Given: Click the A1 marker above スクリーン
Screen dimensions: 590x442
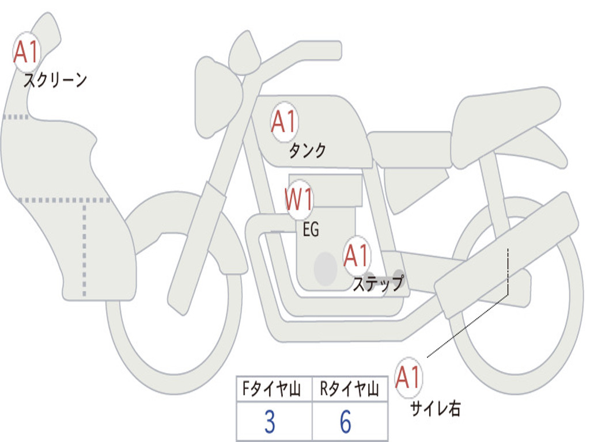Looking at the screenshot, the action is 27,52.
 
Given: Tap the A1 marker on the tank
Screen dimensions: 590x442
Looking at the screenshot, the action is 285,121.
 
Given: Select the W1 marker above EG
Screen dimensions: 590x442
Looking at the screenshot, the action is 299,199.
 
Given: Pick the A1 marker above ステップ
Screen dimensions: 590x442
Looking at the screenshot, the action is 357,256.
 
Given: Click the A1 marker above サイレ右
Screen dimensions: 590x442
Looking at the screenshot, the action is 409,378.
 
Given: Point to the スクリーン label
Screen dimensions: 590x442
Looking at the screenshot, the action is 55,79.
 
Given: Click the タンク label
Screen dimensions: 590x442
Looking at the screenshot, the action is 308,150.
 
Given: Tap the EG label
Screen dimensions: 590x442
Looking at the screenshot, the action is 311,229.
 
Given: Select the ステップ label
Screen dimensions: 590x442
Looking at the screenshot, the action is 378,283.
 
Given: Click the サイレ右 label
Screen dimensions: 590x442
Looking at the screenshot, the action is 436,408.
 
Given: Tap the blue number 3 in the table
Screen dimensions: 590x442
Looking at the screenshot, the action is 270,421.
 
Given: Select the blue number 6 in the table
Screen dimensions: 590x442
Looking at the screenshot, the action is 346,421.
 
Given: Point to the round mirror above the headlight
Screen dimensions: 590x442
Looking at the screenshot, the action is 244,52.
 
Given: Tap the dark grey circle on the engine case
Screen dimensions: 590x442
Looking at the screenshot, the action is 326,269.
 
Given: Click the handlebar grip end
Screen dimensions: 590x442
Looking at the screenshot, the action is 336,51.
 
